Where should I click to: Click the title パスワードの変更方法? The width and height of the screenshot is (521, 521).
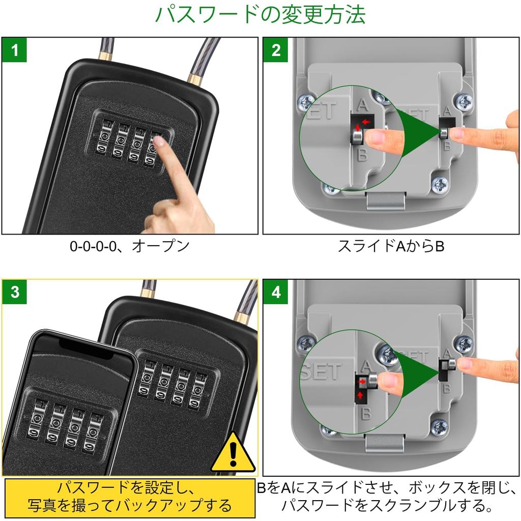click(260, 15)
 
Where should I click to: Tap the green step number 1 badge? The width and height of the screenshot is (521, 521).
click(15, 50)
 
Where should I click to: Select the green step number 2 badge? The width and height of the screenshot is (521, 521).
click(276, 50)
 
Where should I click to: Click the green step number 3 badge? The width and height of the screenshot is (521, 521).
click(15, 293)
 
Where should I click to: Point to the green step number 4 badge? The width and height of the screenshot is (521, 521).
click(276, 293)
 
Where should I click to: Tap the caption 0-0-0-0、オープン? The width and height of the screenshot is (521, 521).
click(130, 246)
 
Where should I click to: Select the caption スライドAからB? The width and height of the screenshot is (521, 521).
click(391, 246)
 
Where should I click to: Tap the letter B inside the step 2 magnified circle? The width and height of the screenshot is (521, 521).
click(362, 154)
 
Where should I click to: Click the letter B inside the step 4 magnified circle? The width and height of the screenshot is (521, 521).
click(365, 413)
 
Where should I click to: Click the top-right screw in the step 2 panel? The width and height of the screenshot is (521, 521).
click(464, 101)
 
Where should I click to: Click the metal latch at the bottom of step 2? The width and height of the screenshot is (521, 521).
click(386, 200)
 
